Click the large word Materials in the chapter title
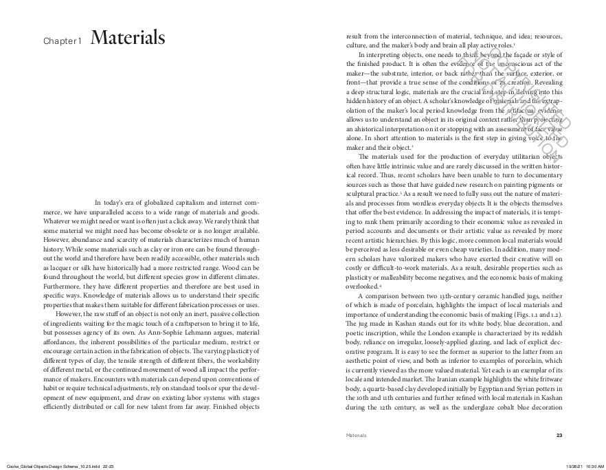pos(127,38)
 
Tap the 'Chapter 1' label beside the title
pos(63,41)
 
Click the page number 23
pos(559,435)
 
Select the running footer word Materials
pos(357,435)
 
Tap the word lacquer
pos(56,265)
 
